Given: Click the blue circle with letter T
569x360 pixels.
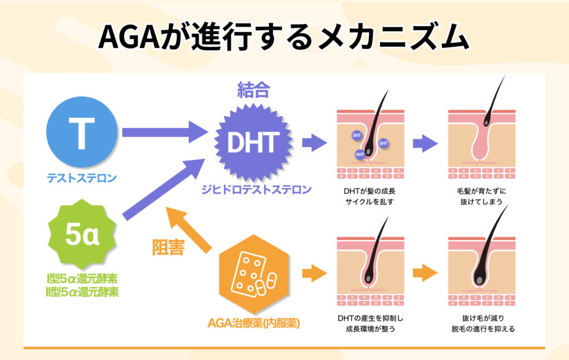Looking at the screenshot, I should [81, 132].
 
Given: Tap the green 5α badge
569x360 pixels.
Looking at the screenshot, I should [82, 236].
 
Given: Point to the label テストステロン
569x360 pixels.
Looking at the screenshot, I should [81, 178].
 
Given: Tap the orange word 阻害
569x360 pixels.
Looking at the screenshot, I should [168, 248].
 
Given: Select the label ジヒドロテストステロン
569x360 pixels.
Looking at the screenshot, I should [256, 190].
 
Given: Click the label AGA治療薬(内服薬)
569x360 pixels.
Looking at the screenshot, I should [253, 322].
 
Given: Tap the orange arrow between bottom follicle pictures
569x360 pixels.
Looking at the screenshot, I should [425, 273].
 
